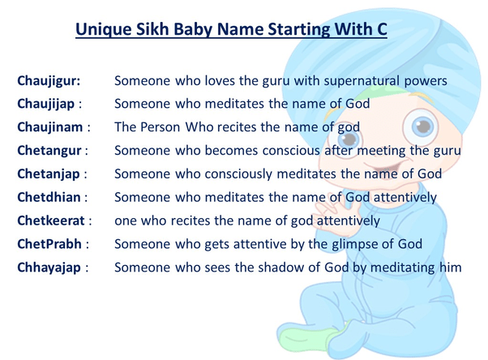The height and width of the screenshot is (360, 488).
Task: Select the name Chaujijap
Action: point(49,104)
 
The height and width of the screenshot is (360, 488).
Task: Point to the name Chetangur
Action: point(50,151)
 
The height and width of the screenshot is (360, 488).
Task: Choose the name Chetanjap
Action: point(50,174)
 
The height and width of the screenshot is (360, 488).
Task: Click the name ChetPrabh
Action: point(49,243)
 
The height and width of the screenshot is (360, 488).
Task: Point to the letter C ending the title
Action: point(381,31)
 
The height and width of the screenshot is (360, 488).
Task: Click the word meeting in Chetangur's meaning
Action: point(381,151)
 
